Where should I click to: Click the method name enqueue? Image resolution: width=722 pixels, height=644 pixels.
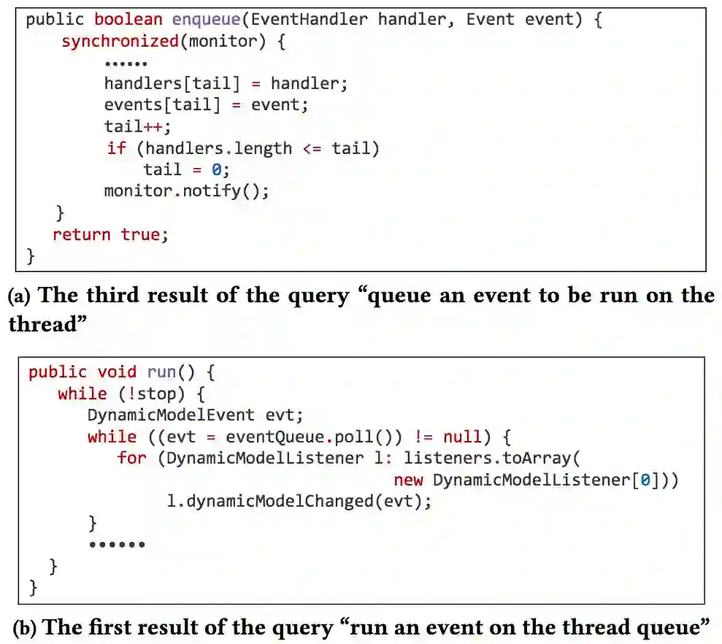pos(206,20)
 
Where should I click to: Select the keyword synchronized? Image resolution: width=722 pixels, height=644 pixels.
pos(120,41)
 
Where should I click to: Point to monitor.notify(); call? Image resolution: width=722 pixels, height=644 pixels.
pos(187,191)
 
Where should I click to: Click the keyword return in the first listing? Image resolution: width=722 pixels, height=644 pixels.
pos(82,234)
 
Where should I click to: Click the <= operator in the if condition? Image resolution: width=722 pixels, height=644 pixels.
pos(312,149)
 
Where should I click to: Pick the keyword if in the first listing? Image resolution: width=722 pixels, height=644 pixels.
pos(116,149)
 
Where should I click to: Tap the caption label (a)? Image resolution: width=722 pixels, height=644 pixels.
pos(19,296)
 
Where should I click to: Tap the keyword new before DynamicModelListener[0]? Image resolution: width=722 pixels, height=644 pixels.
pos(409,480)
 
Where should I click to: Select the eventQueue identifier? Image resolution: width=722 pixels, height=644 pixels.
pos(274,437)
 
